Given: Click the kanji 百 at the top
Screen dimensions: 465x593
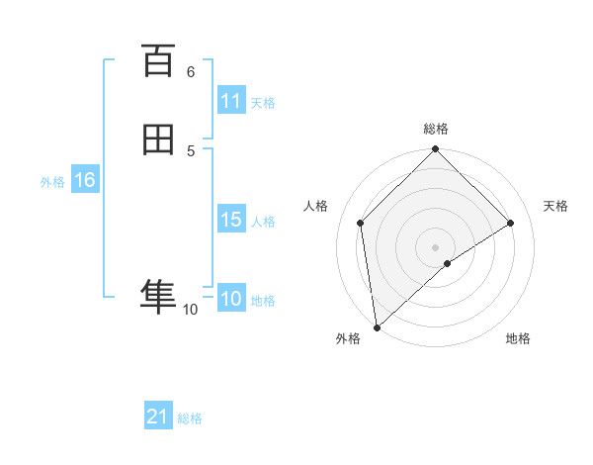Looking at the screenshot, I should pos(158,61).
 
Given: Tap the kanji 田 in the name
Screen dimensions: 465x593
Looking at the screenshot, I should pos(158,140).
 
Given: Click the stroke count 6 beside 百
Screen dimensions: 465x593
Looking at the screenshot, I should pos(191,71).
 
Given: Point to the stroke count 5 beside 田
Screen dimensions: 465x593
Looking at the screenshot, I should pos(191,150).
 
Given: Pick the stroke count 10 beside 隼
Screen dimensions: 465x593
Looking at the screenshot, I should pos(191,310).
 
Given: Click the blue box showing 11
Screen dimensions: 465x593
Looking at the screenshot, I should pos(231,101).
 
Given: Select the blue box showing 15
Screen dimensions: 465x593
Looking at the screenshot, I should pos(231,220).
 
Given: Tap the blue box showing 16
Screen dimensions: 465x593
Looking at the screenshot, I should pos(84,180).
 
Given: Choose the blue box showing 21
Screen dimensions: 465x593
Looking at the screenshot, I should pos(158,418).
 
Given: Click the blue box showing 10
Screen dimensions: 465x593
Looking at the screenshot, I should pos(231,299).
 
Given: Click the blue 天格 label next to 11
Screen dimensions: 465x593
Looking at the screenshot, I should pos(263,102).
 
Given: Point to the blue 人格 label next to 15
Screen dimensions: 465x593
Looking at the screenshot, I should pos(263,222).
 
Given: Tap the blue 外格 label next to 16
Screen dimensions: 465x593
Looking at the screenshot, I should pos(51,182).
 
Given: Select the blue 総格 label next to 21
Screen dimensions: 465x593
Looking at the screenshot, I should pos(190,418).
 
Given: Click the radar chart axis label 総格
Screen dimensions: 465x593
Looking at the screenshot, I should pos(436,129).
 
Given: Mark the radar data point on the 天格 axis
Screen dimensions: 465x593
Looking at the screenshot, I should pos(511,223).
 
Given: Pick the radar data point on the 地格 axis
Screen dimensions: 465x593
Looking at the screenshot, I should pos(448,263).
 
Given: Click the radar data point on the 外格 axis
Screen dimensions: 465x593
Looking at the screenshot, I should pos(376,327).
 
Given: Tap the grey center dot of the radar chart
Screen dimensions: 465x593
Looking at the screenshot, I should pos(436,246).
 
